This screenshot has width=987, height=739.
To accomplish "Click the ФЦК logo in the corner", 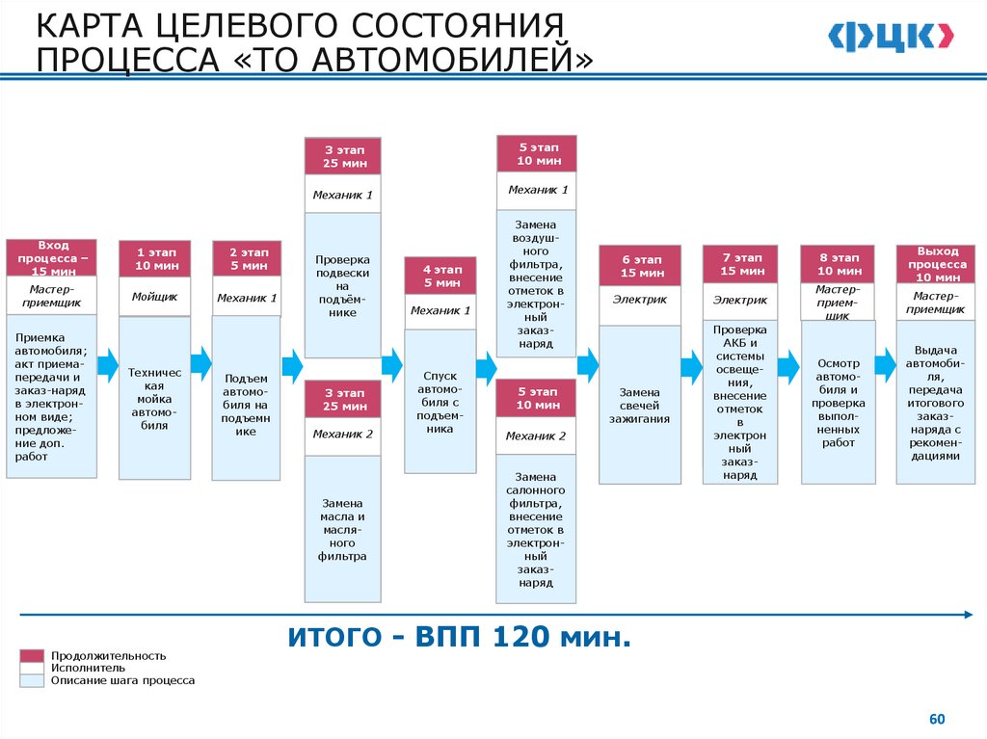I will tap(891, 37).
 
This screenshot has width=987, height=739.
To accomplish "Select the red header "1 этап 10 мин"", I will tap(155, 259).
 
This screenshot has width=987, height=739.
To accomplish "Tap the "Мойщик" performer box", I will tap(155, 297).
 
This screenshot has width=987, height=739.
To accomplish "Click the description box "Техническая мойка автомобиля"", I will tap(154, 398).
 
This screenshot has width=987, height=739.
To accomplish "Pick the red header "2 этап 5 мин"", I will tap(247, 259).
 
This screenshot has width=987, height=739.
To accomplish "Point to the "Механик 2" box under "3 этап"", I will tap(342, 435).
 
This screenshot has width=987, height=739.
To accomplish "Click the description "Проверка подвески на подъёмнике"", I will tap(342, 286).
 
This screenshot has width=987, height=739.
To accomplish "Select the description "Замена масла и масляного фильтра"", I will tap(342, 530).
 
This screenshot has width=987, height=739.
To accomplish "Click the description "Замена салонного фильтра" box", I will tap(537, 529).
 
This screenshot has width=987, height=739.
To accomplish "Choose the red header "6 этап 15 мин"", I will tap(640, 266).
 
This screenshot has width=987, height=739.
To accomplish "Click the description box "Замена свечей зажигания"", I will tap(640, 405).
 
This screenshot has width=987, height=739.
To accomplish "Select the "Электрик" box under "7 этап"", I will tap(740, 301).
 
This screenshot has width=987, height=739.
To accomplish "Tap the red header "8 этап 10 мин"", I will tap(838, 265).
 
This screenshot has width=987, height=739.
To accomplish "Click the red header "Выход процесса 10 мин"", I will tap(934, 263).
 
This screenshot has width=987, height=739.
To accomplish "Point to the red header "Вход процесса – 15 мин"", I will tap(52, 258).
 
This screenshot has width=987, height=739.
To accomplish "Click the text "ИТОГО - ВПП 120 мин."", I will tap(458, 637).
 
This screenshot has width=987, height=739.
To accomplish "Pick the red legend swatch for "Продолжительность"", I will tap(32, 656).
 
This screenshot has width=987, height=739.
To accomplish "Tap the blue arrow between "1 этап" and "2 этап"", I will tap(200, 362).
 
